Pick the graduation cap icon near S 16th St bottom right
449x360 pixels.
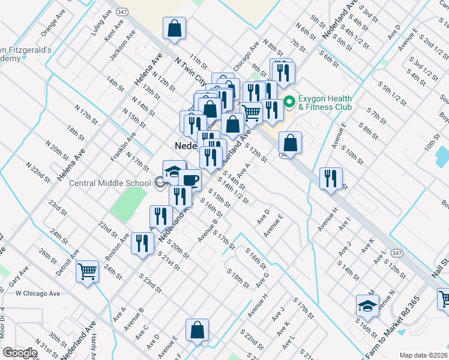tap(367, 306)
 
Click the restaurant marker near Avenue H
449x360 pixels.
tap(331, 178)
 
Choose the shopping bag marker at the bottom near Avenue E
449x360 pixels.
tap(197, 330)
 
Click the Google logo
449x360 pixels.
tap(20, 353)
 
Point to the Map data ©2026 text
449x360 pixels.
tap(423, 355)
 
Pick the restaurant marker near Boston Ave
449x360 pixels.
tap(142, 243)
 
